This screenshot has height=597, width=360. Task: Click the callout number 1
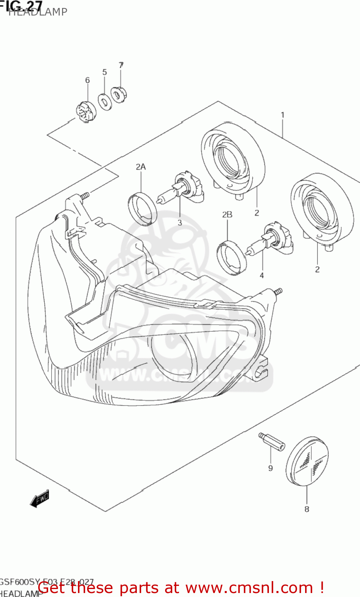[282, 115]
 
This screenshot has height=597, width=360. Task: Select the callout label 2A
[140, 167]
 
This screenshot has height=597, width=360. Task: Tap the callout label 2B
[227, 215]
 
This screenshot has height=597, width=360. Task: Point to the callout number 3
[180, 222]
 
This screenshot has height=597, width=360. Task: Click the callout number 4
[262, 275]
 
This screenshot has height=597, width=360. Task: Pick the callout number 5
[105, 72]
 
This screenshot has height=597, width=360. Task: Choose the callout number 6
[88, 80]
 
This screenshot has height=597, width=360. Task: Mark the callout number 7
[121, 64]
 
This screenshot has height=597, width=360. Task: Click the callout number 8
[307, 509]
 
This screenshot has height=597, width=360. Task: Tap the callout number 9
[270, 468]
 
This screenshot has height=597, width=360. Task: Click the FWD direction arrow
[40, 498]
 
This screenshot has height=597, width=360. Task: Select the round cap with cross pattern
[307, 461]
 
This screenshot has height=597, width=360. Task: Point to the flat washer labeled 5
[105, 102]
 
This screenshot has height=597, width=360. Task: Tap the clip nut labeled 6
[86, 112]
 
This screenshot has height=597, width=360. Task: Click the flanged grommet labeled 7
[119, 95]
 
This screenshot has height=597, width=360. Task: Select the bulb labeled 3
[181, 190]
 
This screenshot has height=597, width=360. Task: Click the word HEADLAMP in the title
[38, 12]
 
